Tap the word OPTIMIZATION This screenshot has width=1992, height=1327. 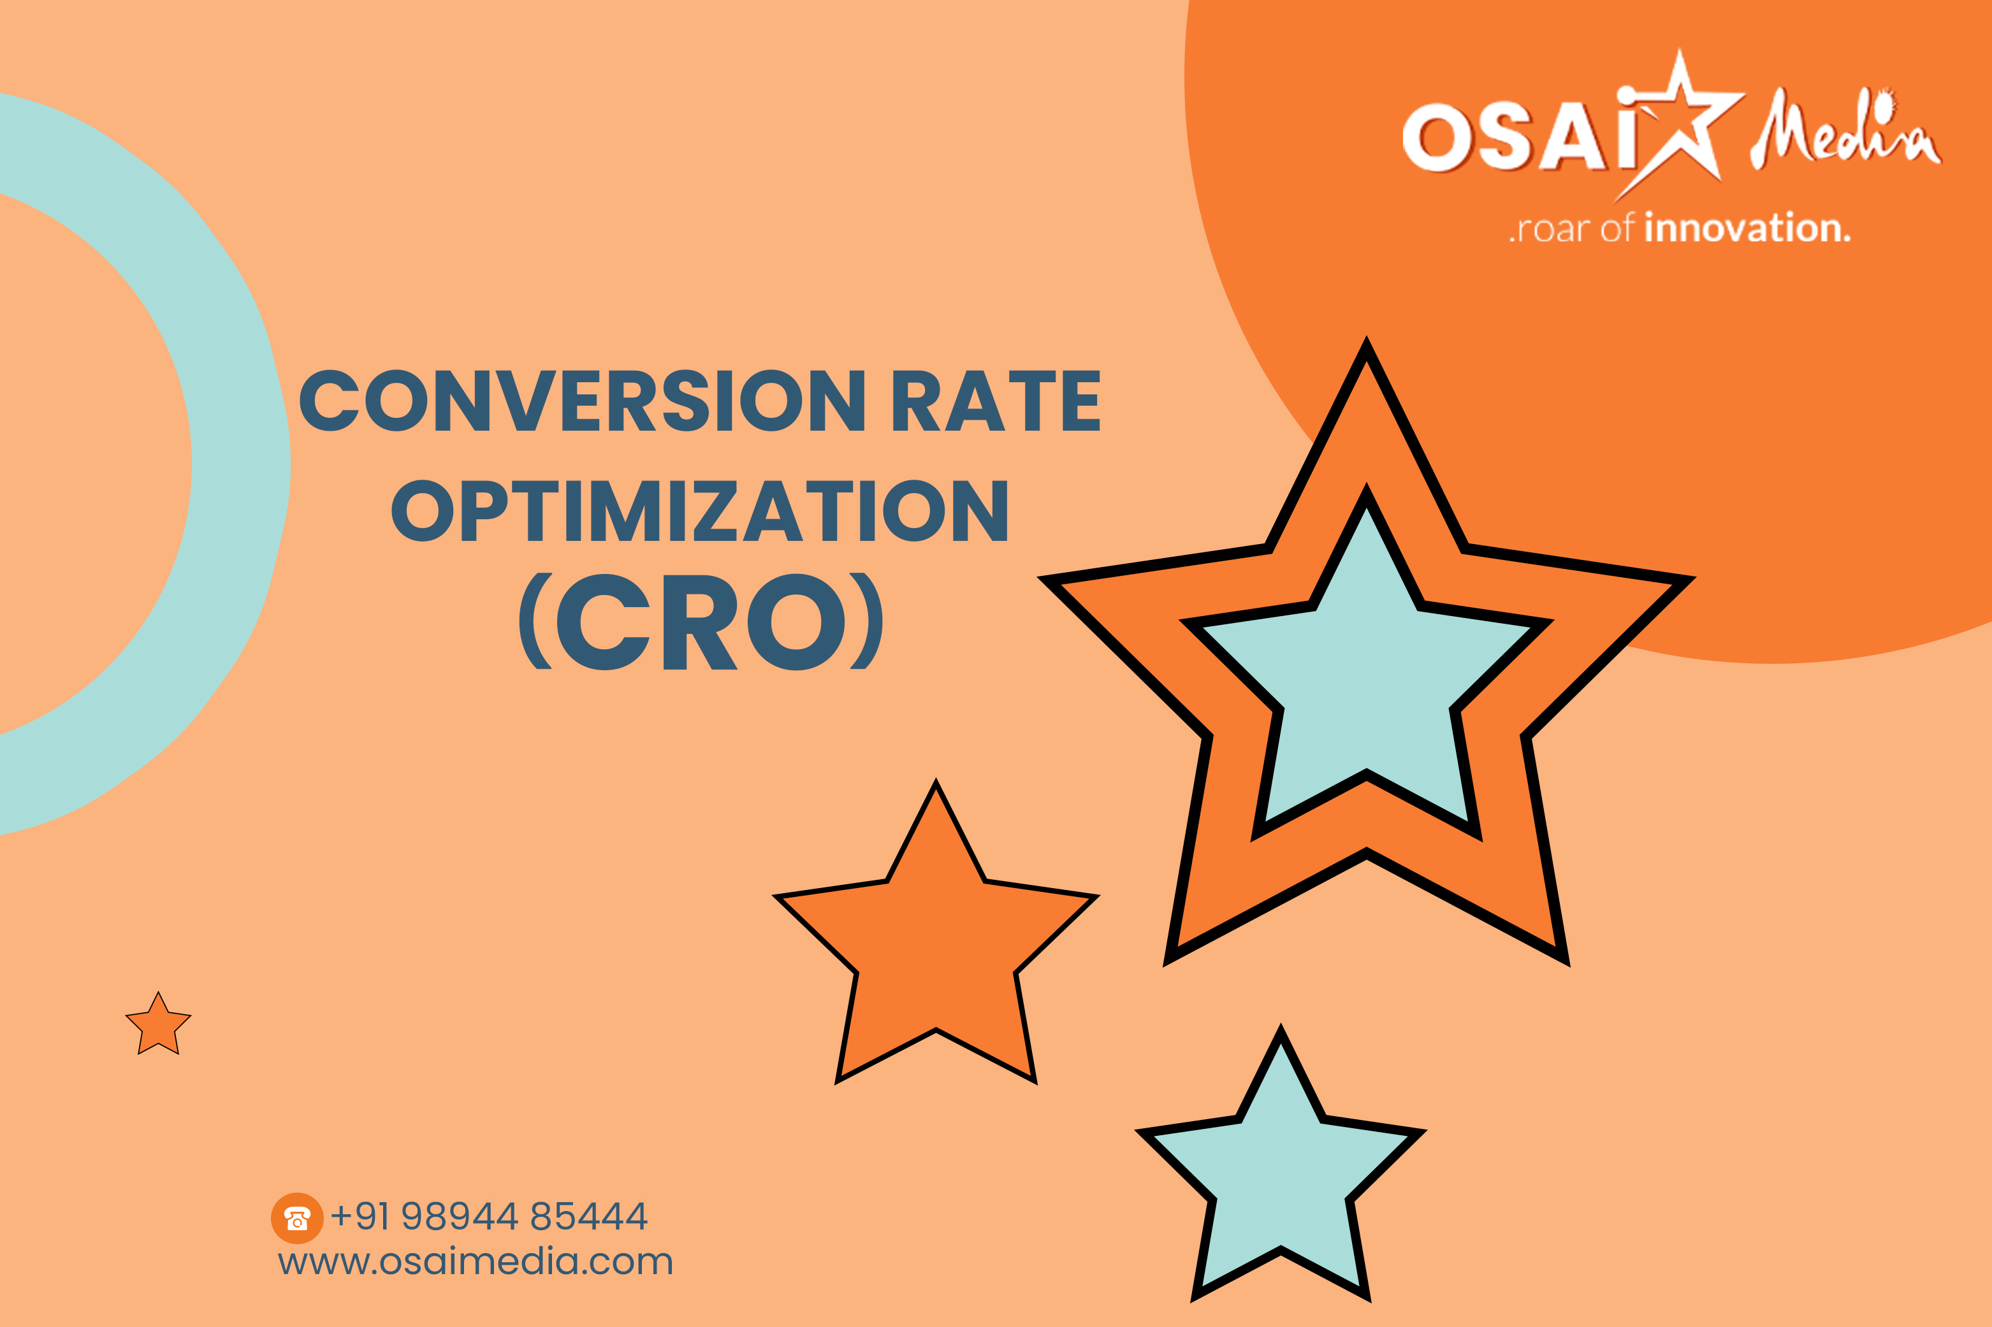click(x=699, y=510)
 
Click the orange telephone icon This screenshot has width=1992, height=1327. click(x=296, y=1218)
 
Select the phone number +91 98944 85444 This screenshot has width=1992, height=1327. click(x=488, y=1216)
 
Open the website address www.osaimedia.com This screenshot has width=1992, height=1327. click(x=476, y=1262)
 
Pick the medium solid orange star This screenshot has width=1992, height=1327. click(x=936, y=940)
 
